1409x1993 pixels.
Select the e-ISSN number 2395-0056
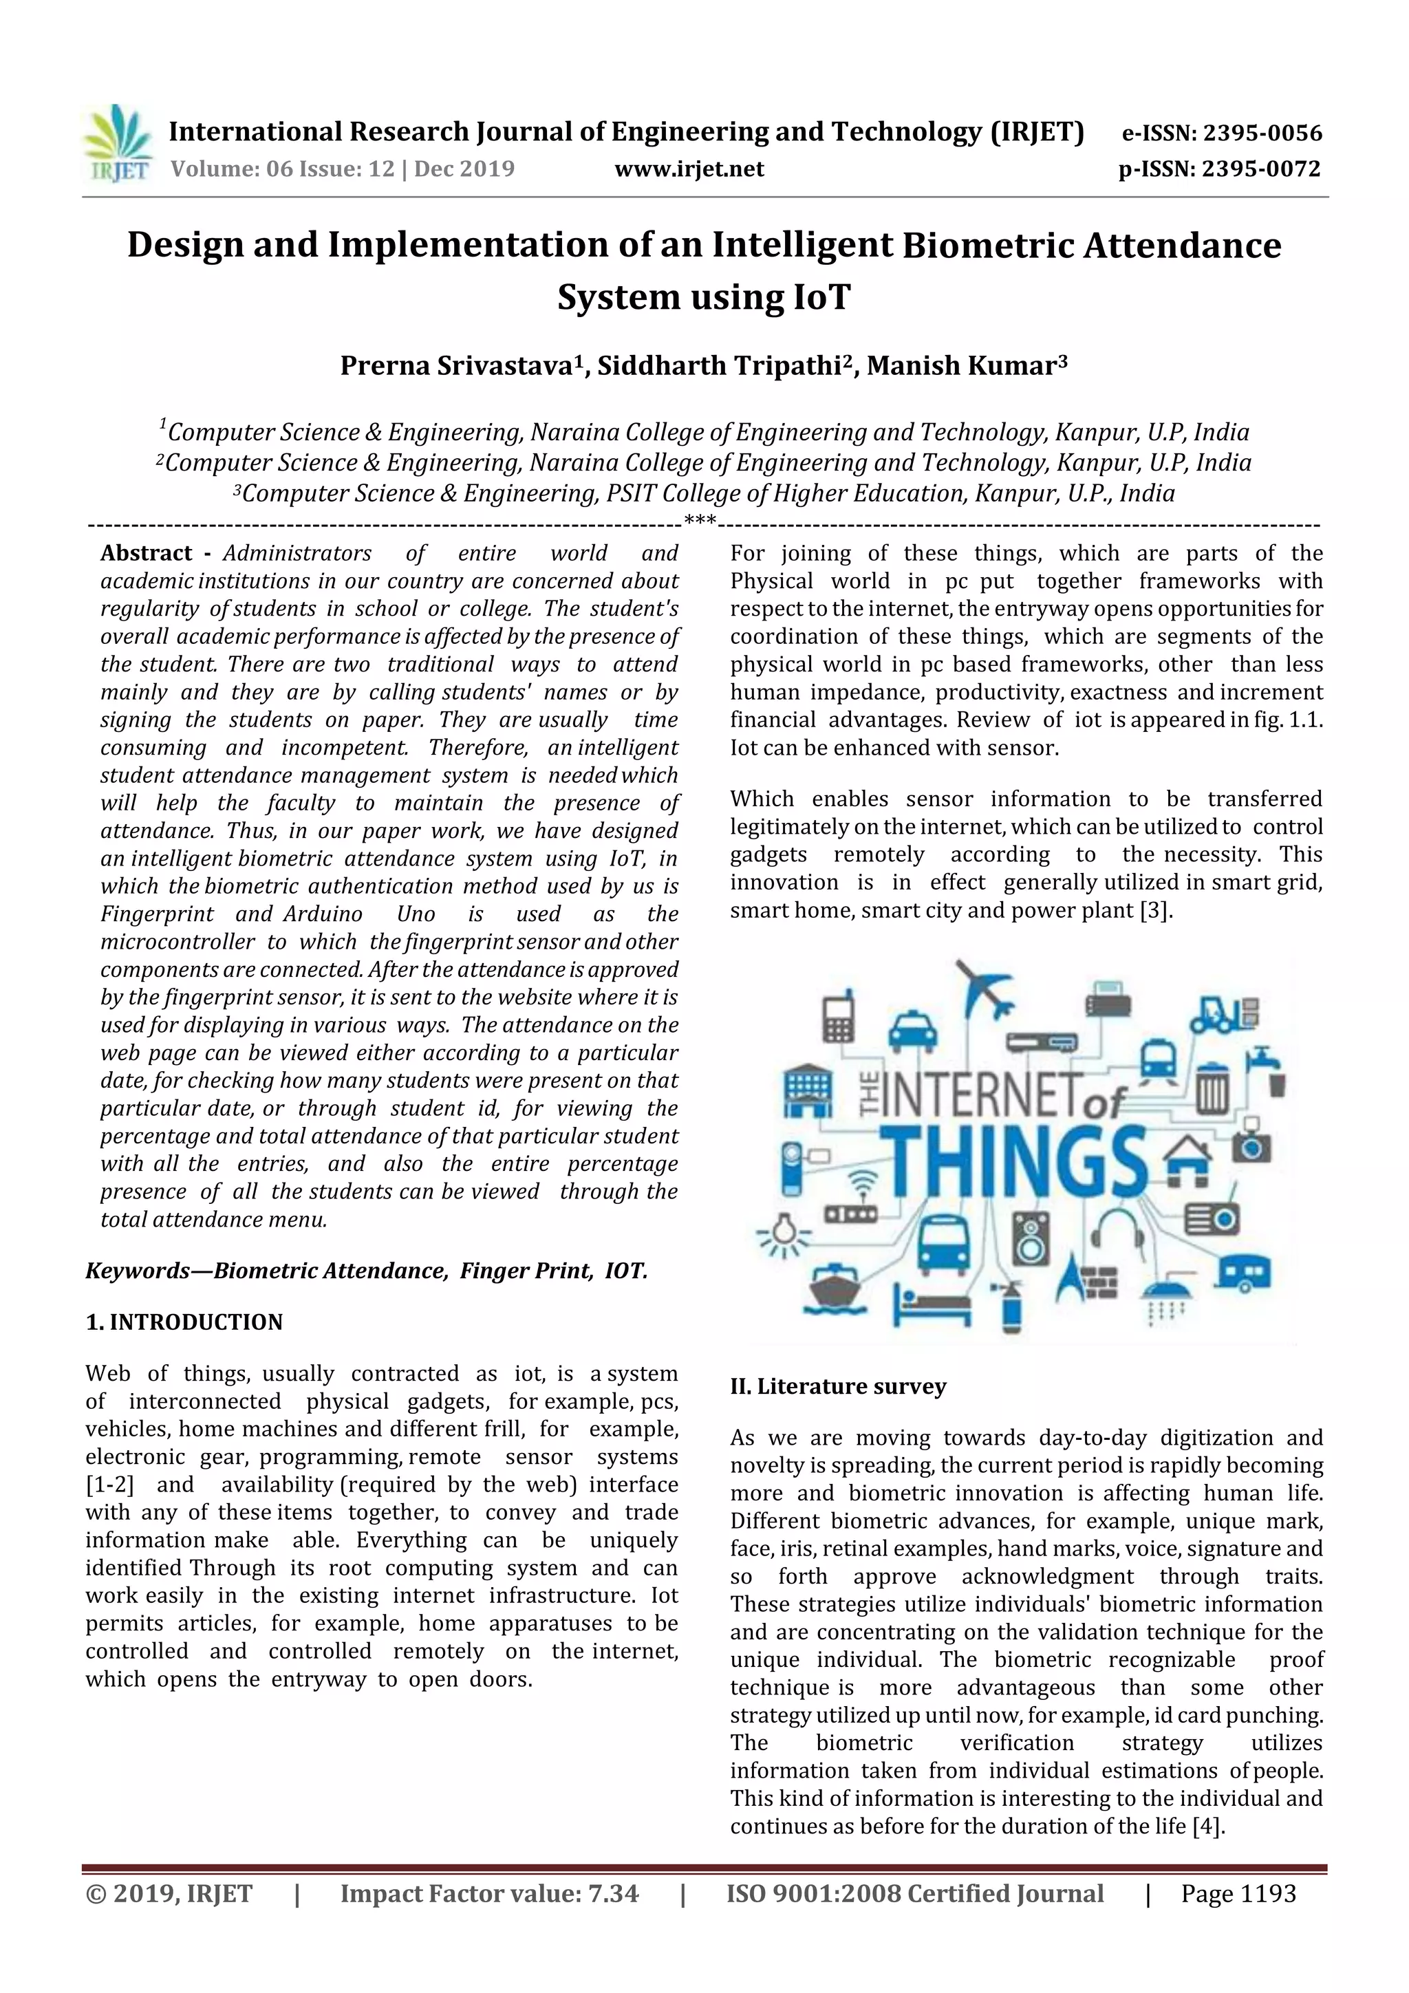[1261, 133]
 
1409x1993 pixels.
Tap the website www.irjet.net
[689, 169]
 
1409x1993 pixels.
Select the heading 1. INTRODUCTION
[184, 1322]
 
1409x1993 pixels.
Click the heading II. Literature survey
[838, 1386]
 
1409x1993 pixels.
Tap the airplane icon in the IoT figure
[985, 989]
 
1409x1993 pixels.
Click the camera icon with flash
[1251, 1144]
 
